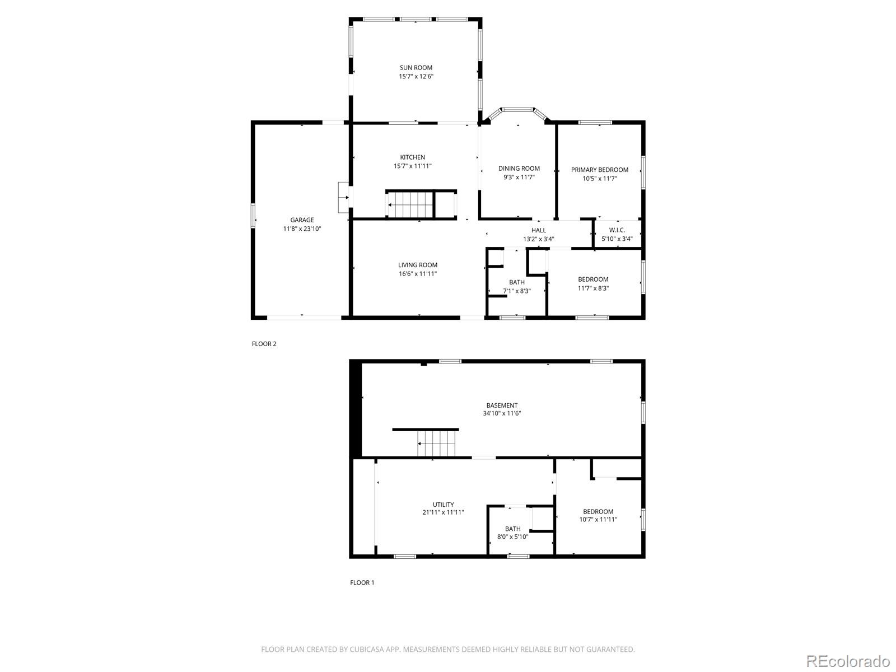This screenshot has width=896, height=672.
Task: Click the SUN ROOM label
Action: [x=416, y=68]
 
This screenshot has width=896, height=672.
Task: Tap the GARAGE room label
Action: [x=302, y=220]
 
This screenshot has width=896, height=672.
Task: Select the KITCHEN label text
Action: [x=412, y=157]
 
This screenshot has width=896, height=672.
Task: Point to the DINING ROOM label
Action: [x=519, y=169]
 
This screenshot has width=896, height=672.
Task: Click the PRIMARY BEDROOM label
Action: [x=600, y=170]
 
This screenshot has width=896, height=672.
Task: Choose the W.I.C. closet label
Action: [x=617, y=230]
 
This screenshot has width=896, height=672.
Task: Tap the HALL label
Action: [x=538, y=231]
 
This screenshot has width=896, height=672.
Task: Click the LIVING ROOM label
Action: [x=418, y=265]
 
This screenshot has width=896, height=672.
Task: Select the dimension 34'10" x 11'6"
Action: [x=502, y=413]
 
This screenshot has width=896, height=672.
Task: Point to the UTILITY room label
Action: [x=444, y=505]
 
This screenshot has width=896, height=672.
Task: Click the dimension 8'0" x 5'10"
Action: [x=513, y=537]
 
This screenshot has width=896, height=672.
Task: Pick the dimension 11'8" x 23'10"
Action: [x=302, y=229]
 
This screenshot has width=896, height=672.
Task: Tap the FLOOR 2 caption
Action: [x=264, y=344]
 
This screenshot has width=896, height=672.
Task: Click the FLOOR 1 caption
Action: [x=362, y=582]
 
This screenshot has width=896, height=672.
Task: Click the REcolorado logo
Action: [x=848, y=661]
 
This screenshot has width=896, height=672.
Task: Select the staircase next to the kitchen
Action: [x=410, y=205]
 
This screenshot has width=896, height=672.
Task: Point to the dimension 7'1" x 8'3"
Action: [x=517, y=291]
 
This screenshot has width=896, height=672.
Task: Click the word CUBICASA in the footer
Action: [x=365, y=649]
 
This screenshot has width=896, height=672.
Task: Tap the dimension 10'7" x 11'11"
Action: [x=598, y=520]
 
